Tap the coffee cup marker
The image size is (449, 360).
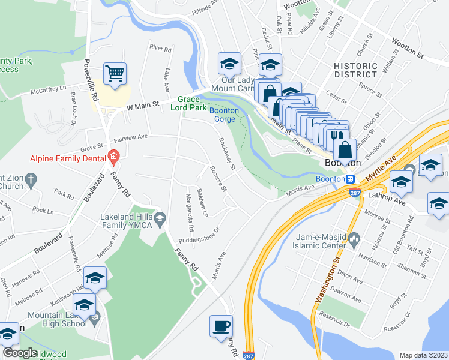coord(221,326)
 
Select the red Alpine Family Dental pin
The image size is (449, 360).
coord(113,158)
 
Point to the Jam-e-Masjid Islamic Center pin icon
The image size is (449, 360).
coord(354,241)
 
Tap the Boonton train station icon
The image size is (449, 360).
coord(349,179)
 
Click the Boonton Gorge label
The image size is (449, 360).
coord(224,115)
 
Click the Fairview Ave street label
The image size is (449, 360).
coord(131,137)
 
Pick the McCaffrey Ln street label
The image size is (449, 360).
coord(48,90)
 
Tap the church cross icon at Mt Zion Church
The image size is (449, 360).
coord(35,178)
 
